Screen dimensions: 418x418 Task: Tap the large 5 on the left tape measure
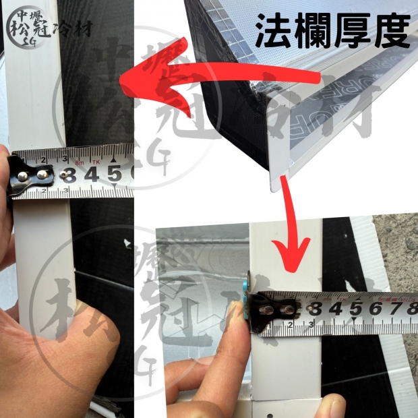(114, 175)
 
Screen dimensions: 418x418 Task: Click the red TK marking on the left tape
(96, 160)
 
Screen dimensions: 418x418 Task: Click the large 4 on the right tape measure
(333, 309)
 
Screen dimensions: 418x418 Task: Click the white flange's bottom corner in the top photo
(278, 181)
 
